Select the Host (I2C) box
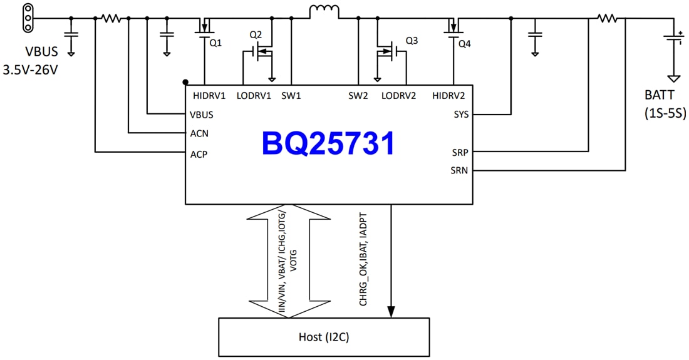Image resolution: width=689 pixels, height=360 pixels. click(324, 337)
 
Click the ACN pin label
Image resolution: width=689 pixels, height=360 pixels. click(199, 133)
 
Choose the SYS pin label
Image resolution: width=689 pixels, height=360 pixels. click(460, 115)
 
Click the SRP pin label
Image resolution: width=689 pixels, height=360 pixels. click(460, 152)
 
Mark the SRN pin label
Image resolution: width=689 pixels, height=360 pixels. click(460, 170)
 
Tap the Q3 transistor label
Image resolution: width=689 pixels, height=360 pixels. click(411, 41)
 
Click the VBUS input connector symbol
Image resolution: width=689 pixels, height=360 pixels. click(27, 18)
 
